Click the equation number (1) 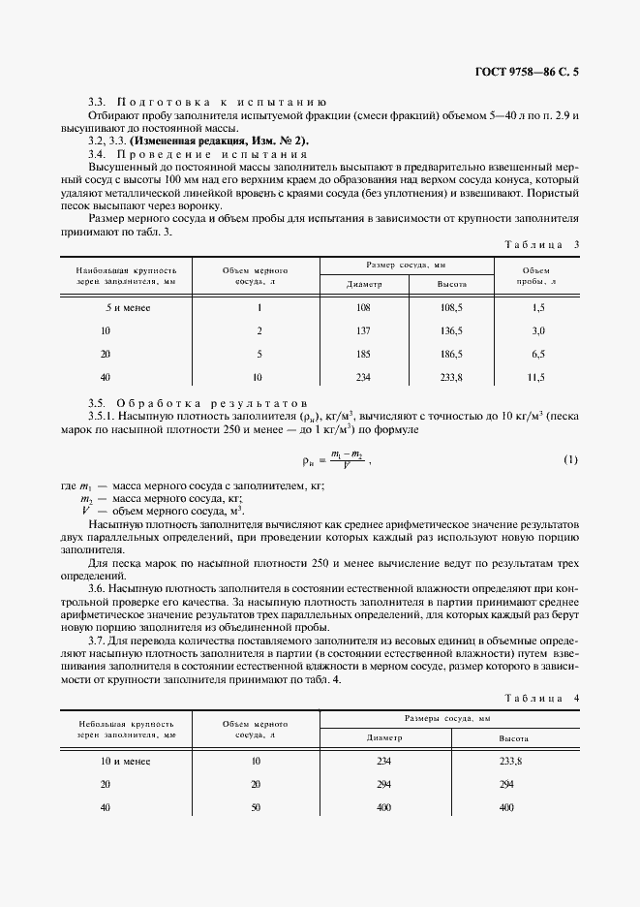click(570, 459)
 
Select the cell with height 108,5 click(452, 307)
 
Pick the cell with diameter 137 click(364, 330)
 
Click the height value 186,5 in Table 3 click(452, 354)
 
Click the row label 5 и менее click(126, 307)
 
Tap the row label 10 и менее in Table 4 click(126, 761)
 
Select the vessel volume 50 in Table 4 click(257, 807)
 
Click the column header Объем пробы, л click(536, 276)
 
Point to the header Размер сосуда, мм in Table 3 click(406, 264)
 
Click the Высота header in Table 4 click(513, 737)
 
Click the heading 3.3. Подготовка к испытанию click(207, 102)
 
